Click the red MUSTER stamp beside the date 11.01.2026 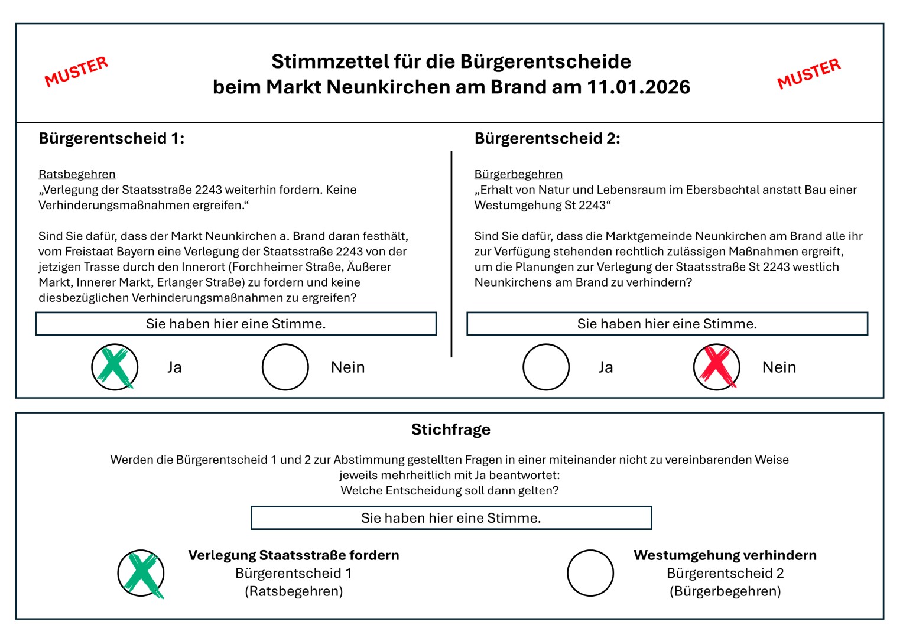pyautogui.click(x=808, y=73)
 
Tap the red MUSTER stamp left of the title pyautogui.click(x=76, y=71)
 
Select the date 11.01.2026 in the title pyautogui.click(x=638, y=87)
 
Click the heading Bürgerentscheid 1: pyautogui.click(x=111, y=138)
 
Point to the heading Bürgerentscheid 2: pyautogui.click(x=547, y=138)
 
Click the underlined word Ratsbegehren pyautogui.click(x=77, y=174)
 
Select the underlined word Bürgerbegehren pyautogui.click(x=518, y=174)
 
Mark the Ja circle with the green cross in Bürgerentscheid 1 pyautogui.click(x=115, y=367)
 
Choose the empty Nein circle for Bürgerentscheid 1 pyautogui.click(x=285, y=367)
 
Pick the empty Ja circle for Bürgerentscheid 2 pyautogui.click(x=546, y=367)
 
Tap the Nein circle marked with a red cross pyautogui.click(x=716, y=367)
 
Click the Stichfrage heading pyautogui.click(x=451, y=429)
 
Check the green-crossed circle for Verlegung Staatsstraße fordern pyautogui.click(x=141, y=573)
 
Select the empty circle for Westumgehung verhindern pyautogui.click(x=590, y=573)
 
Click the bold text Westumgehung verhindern pyautogui.click(x=725, y=555)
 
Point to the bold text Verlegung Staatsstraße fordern pyautogui.click(x=294, y=555)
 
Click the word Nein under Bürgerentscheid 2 pyautogui.click(x=779, y=367)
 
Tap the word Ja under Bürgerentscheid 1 pyautogui.click(x=174, y=367)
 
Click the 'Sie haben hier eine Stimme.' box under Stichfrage pyautogui.click(x=451, y=518)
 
